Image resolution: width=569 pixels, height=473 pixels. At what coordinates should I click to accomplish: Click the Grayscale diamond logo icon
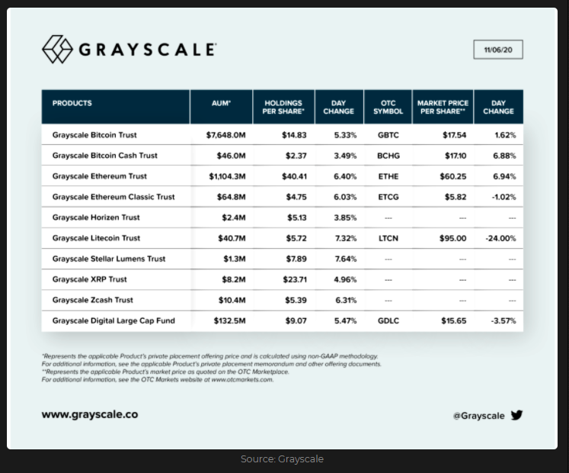pyautogui.click(x=57, y=50)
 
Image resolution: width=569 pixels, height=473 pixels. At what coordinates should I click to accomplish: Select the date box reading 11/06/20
pyautogui.click(x=497, y=50)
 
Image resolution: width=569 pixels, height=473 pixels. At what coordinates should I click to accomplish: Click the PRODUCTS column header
pyautogui.click(x=72, y=103)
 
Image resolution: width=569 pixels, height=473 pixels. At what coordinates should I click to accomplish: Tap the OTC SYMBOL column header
pyautogui.click(x=388, y=107)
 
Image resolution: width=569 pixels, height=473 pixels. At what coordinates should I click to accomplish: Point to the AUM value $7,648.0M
pyautogui.click(x=226, y=135)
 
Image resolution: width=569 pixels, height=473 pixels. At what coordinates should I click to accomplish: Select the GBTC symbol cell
pyautogui.click(x=388, y=135)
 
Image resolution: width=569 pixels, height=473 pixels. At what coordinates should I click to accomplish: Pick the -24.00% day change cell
pyautogui.click(x=500, y=238)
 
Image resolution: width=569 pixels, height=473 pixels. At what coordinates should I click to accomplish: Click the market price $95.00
pyautogui.click(x=453, y=238)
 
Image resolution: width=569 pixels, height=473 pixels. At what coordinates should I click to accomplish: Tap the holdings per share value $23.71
pyautogui.click(x=294, y=279)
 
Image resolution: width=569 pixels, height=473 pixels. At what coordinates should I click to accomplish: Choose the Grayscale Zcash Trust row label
pyautogui.click(x=92, y=300)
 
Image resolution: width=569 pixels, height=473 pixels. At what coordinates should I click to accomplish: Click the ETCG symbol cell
pyautogui.click(x=388, y=197)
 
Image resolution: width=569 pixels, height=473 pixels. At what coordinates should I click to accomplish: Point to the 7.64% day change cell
pyautogui.click(x=345, y=259)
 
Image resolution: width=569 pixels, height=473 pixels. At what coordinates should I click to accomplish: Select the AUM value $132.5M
pyautogui.click(x=229, y=320)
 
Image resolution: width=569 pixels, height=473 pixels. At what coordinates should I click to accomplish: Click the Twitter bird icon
pyautogui.click(x=517, y=415)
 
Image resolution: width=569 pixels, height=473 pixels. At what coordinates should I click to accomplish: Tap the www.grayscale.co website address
pyautogui.click(x=90, y=415)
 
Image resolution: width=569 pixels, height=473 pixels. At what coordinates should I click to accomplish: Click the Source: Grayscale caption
pyautogui.click(x=282, y=459)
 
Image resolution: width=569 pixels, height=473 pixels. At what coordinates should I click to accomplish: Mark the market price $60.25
pyautogui.click(x=453, y=176)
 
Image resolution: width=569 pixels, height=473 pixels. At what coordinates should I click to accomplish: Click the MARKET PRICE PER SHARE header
pyautogui.click(x=443, y=107)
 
